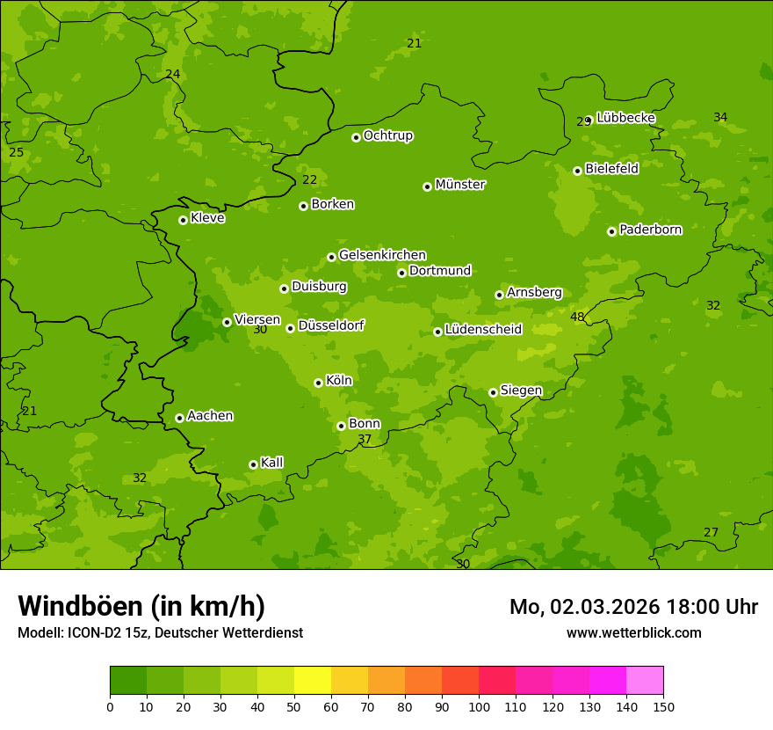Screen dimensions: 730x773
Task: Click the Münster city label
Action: pyautogui.click(x=460, y=185)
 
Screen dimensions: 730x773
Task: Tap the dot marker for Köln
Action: pyautogui.click(x=318, y=383)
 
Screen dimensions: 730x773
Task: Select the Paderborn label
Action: pyautogui.click(x=650, y=230)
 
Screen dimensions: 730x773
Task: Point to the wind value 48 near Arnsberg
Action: pyautogui.click(x=577, y=317)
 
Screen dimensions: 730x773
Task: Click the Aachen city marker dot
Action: pyautogui.click(x=179, y=418)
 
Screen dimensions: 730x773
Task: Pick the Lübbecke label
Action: pyautogui.click(x=625, y=118)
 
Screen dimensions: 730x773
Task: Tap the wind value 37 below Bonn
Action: pyautogui.click(x=365, y=439)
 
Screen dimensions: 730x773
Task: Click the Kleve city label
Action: pyautogui.click(x=207, y=218)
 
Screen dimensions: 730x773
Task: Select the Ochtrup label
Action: pyautogui.click(x=387, y=135)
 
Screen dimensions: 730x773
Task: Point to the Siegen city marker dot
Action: pyautogui.click(x=493, y=392)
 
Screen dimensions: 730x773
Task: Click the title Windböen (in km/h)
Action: pyautogui.click(x=141, y=606)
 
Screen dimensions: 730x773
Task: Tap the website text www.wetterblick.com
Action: pyautogui.click(x=633, y=632)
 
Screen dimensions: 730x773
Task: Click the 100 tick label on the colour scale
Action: pyautogui.click(x=479, y=706)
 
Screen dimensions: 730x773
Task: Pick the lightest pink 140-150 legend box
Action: pyautogui.click(x=645, y=681)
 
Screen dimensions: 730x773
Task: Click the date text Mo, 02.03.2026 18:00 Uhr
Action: pyautogui.click(x=633, y=607)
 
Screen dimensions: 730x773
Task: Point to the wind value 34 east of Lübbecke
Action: pyautogui.click(x=720, y=117)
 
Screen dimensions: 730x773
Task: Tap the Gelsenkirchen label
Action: pyautogui.click(x=382, y=255)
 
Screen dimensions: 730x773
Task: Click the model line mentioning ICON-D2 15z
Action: pyautogui.click(x=160, y=632)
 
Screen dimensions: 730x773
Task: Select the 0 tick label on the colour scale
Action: pyautogui.click(x=110, y=706)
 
